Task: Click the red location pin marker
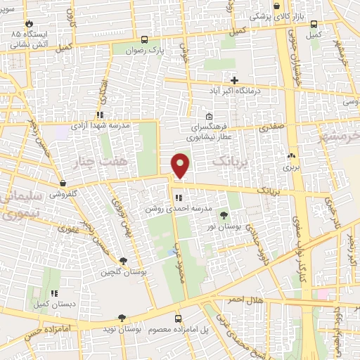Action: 181,165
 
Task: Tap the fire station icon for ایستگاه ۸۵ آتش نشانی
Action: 30,23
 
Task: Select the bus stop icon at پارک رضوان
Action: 144,40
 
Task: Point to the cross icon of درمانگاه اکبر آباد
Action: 235,81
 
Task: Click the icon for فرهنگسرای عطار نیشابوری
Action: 209,116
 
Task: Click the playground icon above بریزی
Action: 291,157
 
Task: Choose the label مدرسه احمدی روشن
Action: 169,209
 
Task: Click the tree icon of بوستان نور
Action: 224,215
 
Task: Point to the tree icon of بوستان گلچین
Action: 123,261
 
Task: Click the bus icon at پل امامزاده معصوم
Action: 177,318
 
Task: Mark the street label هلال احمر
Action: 243,300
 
